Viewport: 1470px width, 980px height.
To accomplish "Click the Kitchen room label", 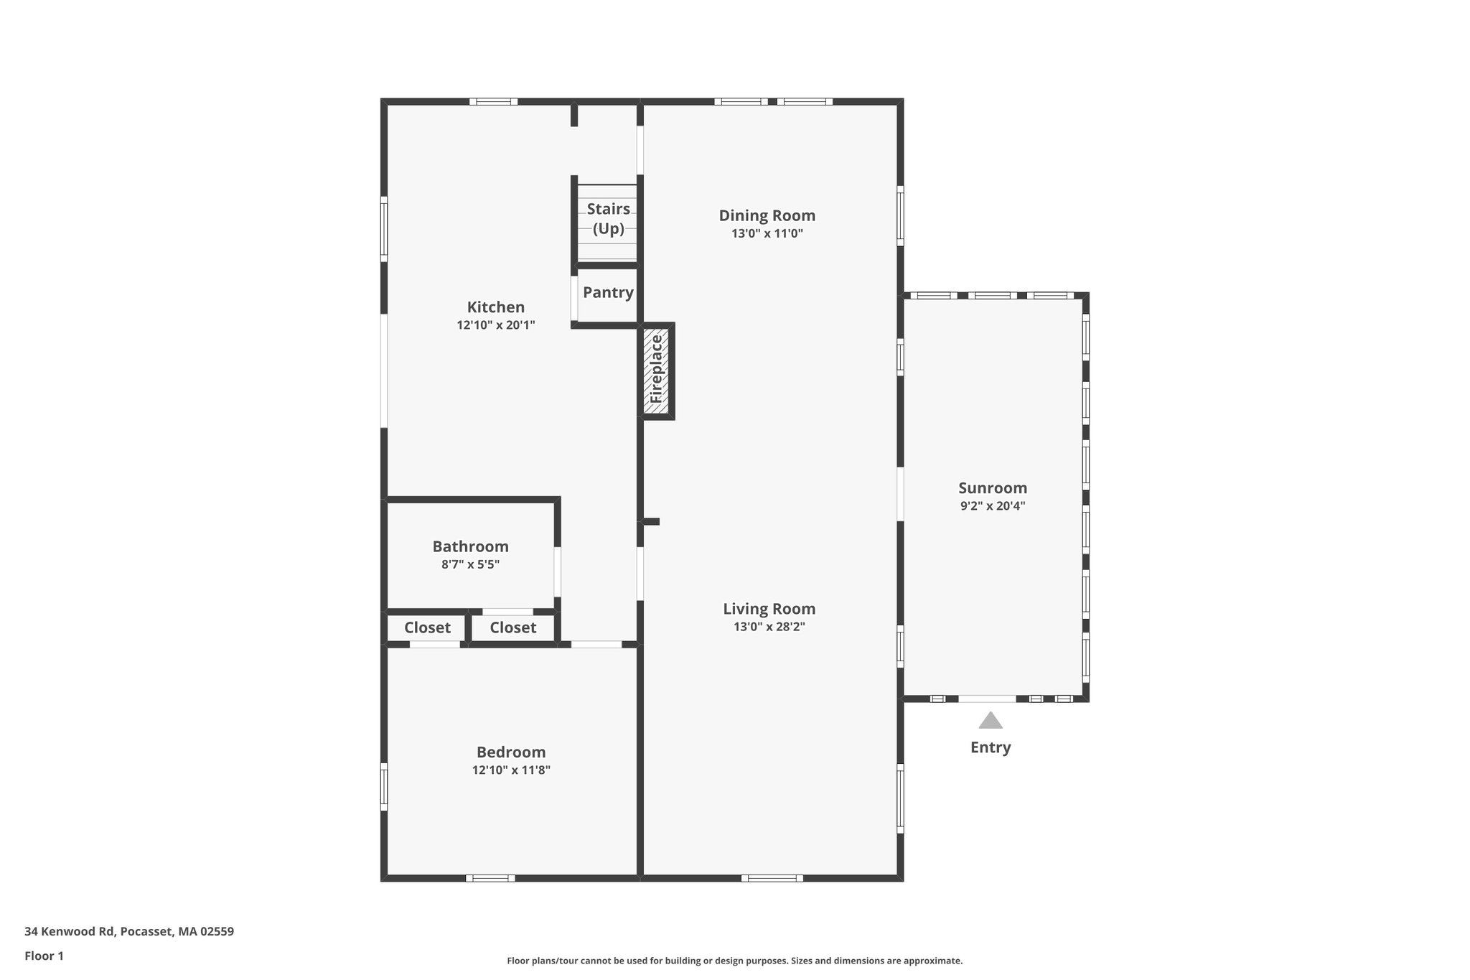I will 495,307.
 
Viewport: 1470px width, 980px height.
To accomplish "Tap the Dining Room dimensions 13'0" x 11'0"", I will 767,233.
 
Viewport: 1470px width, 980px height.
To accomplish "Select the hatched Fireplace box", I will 656,371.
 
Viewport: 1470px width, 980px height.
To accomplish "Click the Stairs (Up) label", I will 608,219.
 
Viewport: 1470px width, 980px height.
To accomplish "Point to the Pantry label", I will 608,292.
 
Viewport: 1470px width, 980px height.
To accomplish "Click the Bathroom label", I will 470,546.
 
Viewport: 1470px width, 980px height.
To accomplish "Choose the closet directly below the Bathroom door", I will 512,627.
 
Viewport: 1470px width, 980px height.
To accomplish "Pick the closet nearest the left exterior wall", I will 427,627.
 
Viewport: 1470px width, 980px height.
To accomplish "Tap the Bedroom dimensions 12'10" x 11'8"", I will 511,770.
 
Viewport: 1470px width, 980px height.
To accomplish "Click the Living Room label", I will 769,609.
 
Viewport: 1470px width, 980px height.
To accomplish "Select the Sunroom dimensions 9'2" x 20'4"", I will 993,505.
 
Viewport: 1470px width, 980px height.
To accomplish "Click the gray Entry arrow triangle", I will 991,721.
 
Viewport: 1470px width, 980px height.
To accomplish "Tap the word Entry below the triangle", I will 991,747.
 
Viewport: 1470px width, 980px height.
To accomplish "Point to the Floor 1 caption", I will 44,956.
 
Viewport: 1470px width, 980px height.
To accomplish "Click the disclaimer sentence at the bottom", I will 734,961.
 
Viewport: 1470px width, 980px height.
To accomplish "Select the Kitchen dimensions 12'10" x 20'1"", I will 495,325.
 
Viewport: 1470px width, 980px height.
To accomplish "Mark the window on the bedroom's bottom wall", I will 490,878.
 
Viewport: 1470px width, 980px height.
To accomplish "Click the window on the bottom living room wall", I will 772,878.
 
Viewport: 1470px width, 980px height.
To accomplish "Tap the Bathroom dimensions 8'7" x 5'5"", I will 470,564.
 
